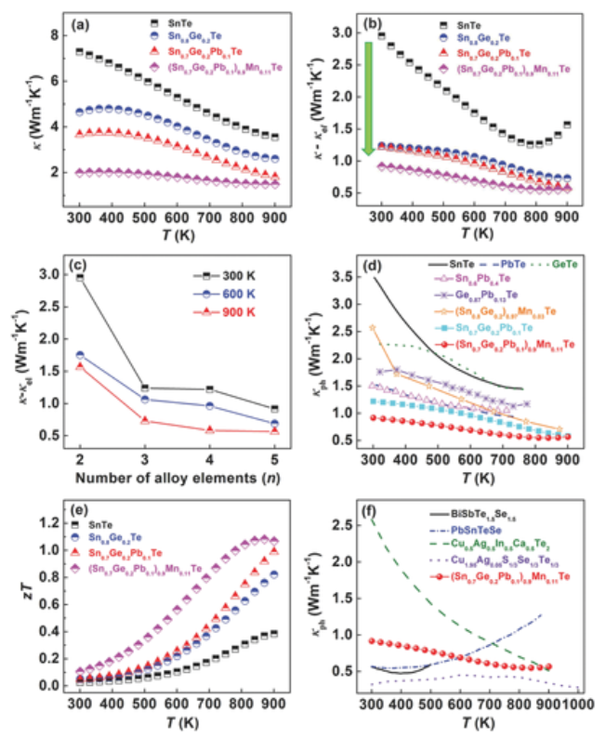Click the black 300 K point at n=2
click(80, 277)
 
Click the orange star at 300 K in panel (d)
click(374, 328)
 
